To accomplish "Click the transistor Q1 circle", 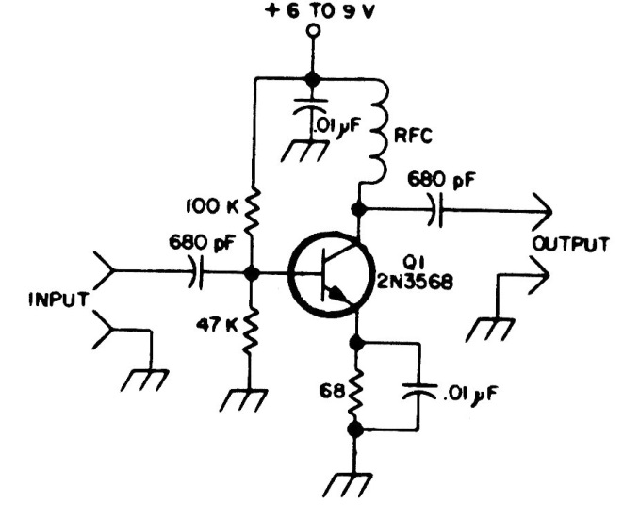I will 326,274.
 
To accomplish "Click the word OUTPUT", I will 570,246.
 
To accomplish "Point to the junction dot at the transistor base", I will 252,274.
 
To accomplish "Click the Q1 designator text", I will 390,261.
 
